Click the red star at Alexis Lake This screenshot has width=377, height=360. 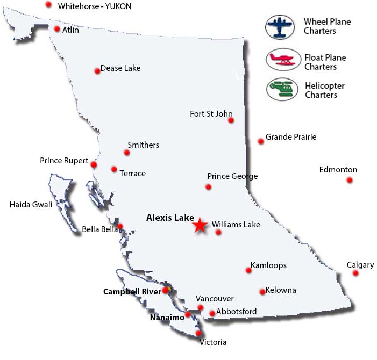click(x=200, y=225)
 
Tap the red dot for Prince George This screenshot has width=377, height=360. click(x=208, y=187)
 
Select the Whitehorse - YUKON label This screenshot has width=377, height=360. click(x=95, y=6)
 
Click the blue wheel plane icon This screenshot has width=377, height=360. click(x=281, y=27)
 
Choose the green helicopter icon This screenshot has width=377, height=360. click(x=282, y=89)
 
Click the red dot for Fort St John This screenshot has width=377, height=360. click(x=231, y=120)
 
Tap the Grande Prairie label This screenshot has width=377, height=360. click(x=291, y=137)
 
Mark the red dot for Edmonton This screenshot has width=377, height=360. click(x=350, y=180)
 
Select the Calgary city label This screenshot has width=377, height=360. click(x=360, y=265)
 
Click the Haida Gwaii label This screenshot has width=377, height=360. click(x=31, y=204)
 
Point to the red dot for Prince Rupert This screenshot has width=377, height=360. click(x=94, y=164)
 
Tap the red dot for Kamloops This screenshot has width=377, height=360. click(x=248, y=270)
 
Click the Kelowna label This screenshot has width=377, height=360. click(x=281, y=290)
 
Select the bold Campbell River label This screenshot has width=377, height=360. click(x=131, y=292)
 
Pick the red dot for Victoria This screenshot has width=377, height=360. click(x=199, y=333)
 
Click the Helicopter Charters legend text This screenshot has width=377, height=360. click(x=324, y=90)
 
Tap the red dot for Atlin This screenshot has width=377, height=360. click(x=57, y=29)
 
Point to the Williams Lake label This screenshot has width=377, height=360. click(x=236, y=225)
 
